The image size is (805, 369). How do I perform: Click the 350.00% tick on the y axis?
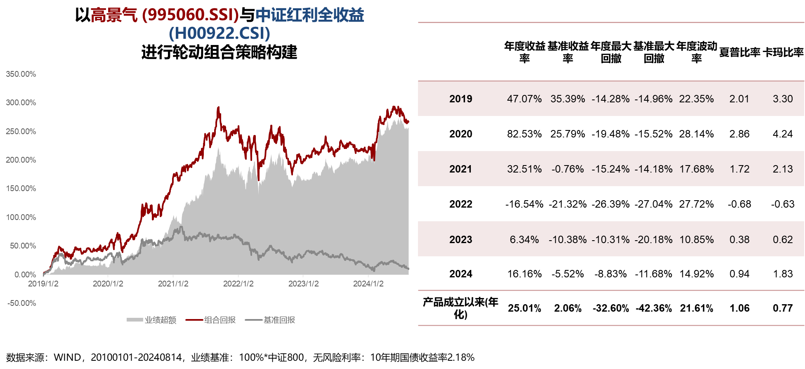tap(21, 74)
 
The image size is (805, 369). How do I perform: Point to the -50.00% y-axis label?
tap(21, 303)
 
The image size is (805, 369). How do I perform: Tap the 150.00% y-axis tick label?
tap(21, 189)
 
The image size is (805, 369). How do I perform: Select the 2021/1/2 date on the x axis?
tap(173, 284)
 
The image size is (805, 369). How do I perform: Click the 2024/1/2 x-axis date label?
tap(368, 284)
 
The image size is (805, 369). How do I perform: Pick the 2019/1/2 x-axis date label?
tap(43, 284)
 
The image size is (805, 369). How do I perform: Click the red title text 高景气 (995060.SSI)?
tap(165, 15)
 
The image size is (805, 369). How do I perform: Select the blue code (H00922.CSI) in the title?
tap(220, 33)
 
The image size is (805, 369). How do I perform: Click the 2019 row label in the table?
tap(460, 99)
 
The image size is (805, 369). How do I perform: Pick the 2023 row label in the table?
tap(460, 240)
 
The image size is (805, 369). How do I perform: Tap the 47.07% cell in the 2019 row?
tap(524, 99)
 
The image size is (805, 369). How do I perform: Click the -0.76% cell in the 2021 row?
tap(567, 169)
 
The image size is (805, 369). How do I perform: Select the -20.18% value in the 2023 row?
tap(654, 240)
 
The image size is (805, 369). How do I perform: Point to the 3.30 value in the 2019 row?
tap(783, 99)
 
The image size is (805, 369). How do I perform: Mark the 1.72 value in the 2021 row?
tap(739, 169)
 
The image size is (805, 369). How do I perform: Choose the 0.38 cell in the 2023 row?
tap(739, 240)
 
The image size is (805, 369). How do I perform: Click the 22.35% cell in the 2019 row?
tap(696, 99)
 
